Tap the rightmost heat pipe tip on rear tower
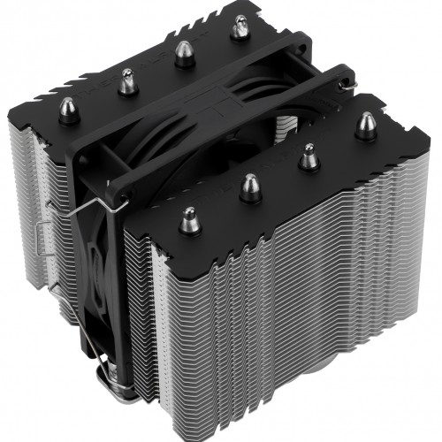[x=237, y=31]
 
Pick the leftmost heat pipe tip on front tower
[x=188, y=217]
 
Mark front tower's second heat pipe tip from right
[x=308, y=156]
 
